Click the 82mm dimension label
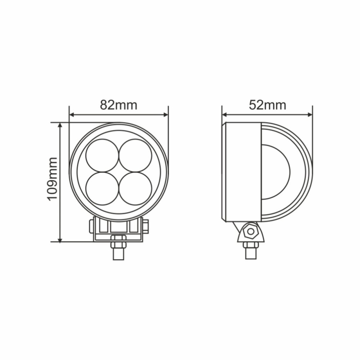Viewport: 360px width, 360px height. (118, 105)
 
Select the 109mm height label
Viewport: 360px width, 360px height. (53, 179)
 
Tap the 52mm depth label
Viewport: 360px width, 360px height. (267, 105)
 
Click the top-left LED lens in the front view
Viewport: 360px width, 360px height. (102, 155)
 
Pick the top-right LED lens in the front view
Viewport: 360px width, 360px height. (135, 155)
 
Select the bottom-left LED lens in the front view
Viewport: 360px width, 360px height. (102, 188)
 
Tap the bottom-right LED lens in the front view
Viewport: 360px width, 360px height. (135, 188)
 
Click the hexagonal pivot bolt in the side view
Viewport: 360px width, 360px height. (250, 231)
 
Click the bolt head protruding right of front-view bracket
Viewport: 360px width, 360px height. (145, 226)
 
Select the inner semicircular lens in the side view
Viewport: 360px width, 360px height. (275, 172)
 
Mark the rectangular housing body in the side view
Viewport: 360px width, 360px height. (242, 172)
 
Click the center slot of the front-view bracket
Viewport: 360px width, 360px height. (118, 226)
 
